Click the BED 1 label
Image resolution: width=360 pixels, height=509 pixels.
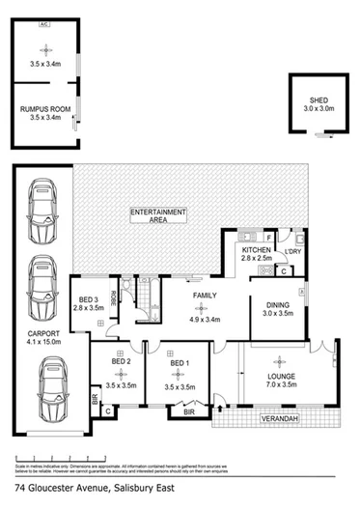pyautogui.click(x=177, y=378)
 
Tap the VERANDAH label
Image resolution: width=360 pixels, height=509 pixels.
pyautogui.click(x=275, y=419)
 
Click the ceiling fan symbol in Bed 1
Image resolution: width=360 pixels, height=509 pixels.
pyautogui.click(x=176, y=368)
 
